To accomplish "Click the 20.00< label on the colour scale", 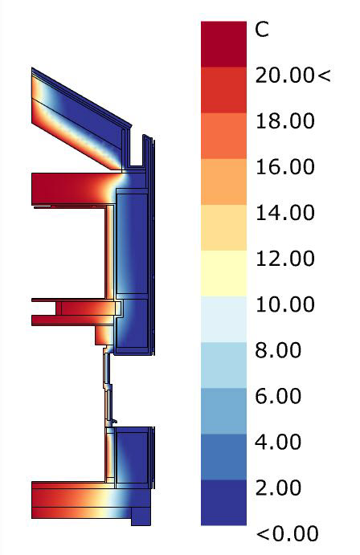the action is pos(292,75).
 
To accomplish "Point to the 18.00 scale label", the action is pos(285,121).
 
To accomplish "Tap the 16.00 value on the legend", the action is pos(285,167).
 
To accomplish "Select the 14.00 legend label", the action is pos(285,213).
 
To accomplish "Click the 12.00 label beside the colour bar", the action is pos(285,259).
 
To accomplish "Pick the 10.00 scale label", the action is pos(285,304).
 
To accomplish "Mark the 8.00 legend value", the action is pos(278,350).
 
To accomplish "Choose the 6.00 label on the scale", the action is pos(278,396).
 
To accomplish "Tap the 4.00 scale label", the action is pos(278,442).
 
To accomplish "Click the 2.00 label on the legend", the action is pos(278,488).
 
